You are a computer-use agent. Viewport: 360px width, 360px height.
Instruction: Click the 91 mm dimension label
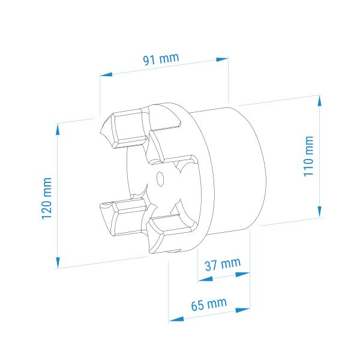161,59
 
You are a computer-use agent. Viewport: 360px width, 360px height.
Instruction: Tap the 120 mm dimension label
47,199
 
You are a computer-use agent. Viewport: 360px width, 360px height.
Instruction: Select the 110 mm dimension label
308,156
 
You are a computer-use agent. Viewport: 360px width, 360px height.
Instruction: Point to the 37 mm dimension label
223,264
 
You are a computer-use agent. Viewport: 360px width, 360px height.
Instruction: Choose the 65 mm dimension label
209,304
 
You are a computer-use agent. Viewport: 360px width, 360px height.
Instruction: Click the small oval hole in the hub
160,178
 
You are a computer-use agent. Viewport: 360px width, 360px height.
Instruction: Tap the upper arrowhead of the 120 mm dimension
58,130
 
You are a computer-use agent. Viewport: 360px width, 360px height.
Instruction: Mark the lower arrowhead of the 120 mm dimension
58,263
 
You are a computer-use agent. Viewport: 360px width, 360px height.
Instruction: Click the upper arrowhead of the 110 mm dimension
320,101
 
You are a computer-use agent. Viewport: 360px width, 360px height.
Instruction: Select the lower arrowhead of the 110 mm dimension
320,211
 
